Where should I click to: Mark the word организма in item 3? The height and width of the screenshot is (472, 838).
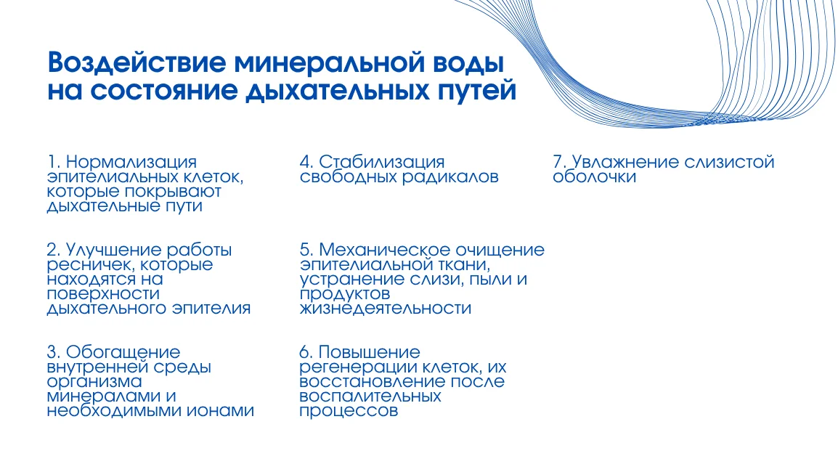click(94, 382)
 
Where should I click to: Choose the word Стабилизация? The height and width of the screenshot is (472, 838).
click(382, 162)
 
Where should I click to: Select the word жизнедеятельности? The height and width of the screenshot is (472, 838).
click(386, 309)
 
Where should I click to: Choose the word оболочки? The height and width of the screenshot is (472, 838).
click(594, 176)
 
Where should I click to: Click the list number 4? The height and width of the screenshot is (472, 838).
click(306, 162)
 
